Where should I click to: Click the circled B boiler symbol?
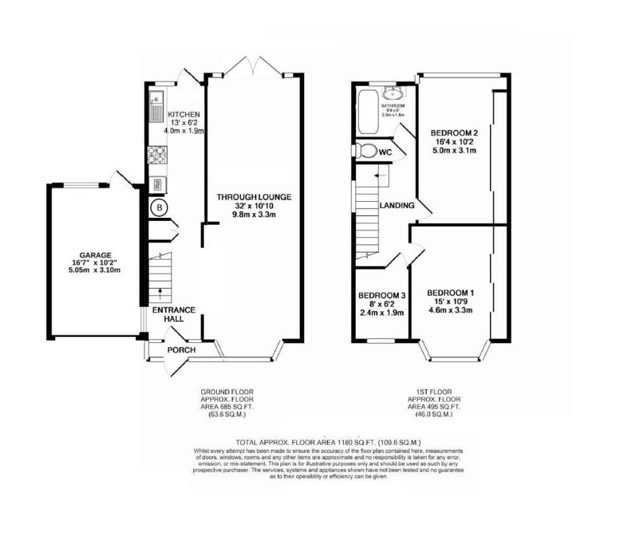(x=160, y=208)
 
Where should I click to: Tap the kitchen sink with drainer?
(x=157, y=107)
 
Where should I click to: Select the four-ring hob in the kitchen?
(x=157, y=155)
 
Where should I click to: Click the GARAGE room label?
(x=95, y=255)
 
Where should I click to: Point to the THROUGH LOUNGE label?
(x=254, y=197)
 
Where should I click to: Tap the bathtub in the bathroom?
(x=368, y=112)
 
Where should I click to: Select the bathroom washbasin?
(x=393, y=93)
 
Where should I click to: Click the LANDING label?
(x=397, y=206)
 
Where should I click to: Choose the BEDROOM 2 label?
(x=454, y=133)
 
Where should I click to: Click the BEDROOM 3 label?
(x=382, y=296)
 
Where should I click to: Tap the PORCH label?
(x=181, y=350)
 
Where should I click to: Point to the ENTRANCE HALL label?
(x=174, y=314)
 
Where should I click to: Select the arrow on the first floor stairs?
(x=380, y=175)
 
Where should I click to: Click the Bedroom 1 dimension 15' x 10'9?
(x=451, y=301)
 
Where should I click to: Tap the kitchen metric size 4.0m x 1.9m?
(x=184, y=131)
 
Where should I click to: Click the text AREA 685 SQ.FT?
(x=227, y=407)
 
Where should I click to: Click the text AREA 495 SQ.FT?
(x=434, y=407)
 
